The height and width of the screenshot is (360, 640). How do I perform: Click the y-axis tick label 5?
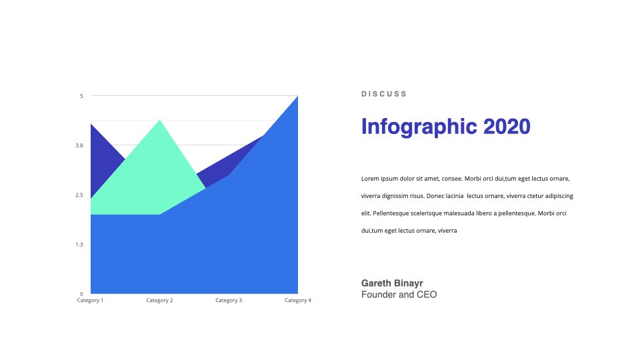click(81, 96)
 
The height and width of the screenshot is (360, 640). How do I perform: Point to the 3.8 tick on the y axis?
click(79, 145)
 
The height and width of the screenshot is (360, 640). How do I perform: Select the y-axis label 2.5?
click(79, 195)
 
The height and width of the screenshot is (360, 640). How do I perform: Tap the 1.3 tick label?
click(79, 245)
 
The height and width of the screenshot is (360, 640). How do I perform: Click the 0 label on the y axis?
click(81, 294)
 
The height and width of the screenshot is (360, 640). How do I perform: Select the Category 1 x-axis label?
click(90, 301)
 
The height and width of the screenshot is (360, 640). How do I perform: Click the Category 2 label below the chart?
click(159, 301)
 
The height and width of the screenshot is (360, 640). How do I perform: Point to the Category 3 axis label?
click(229, 301)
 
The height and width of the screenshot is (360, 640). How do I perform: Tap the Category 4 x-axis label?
click(298, 301)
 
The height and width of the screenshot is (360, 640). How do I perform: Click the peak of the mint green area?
click(159, 120)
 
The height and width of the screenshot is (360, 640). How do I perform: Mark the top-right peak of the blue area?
click(297, 96)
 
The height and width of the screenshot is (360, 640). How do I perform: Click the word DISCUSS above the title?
click(384, 94)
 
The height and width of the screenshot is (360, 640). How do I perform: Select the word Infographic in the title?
click(419, 127)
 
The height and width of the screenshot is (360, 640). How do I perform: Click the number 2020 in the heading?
click(507, 127)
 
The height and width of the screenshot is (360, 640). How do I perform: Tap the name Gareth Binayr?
click(392, 283)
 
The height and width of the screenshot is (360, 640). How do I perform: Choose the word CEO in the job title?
click(427, 295)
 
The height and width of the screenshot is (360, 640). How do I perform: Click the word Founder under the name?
click(379, 295)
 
